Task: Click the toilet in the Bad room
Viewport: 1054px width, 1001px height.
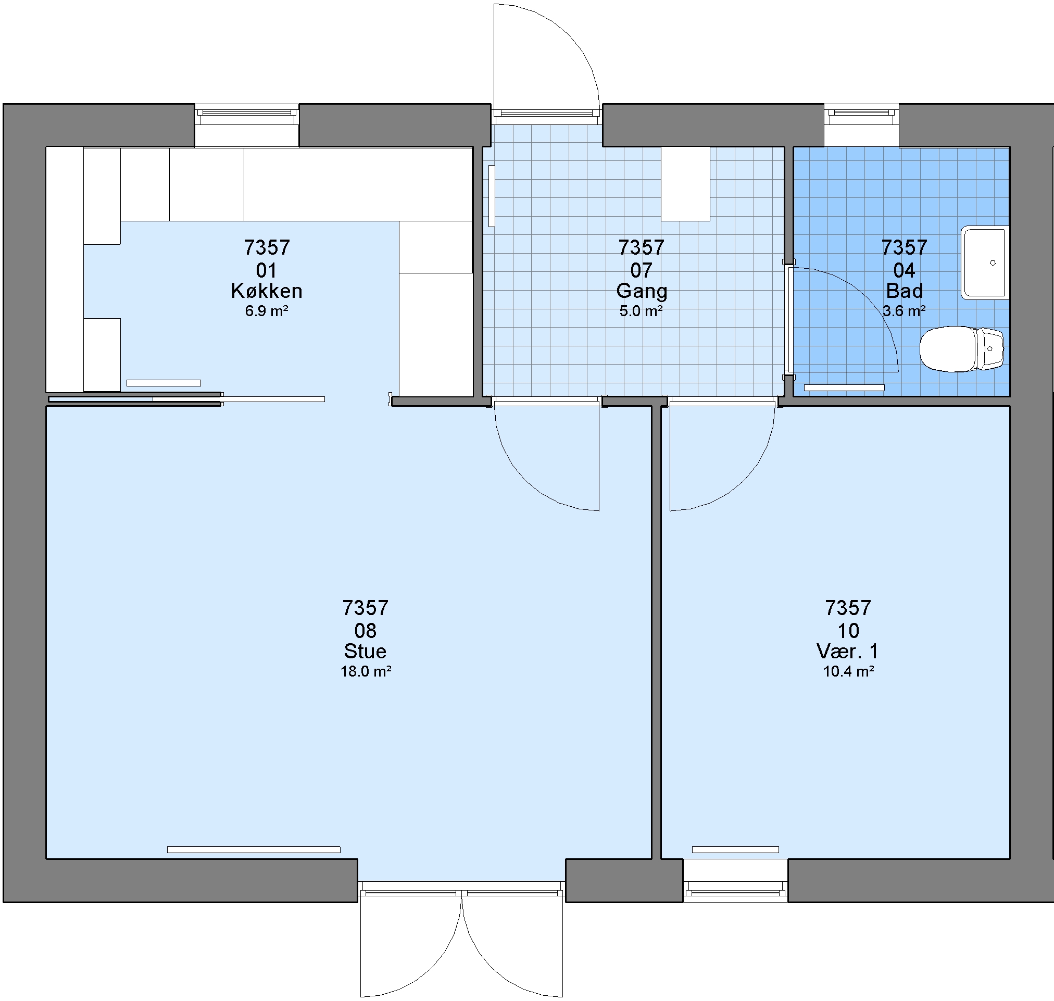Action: pos(961,349)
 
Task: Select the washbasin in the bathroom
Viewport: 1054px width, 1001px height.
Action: pos(985,262)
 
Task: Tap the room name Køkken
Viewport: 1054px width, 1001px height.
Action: pos(267,291)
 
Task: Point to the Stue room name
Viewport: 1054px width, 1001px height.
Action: pos(366,651)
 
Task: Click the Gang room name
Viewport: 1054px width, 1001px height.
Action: pos(642,291)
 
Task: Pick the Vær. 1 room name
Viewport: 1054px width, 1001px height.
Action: pos(848,651)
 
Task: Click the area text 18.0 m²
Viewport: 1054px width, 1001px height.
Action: pos(366,671)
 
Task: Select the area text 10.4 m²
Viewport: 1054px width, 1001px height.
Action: pos(849,671)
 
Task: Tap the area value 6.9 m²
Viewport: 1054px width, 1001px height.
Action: pos(267,311)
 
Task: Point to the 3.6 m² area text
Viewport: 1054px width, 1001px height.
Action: pos(904,311)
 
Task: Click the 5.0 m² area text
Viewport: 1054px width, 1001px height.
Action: pos(641,311)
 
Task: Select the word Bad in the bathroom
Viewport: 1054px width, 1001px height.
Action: pos(905,291)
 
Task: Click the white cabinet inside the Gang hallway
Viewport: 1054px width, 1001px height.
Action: pos(685,183)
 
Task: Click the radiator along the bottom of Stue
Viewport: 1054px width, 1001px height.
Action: pos(254,849)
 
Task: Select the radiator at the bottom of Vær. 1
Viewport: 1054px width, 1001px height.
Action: pos(735,849)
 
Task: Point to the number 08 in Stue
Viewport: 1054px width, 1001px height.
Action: pos(366,631)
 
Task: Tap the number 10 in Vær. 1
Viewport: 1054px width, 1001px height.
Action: pos(848,631)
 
